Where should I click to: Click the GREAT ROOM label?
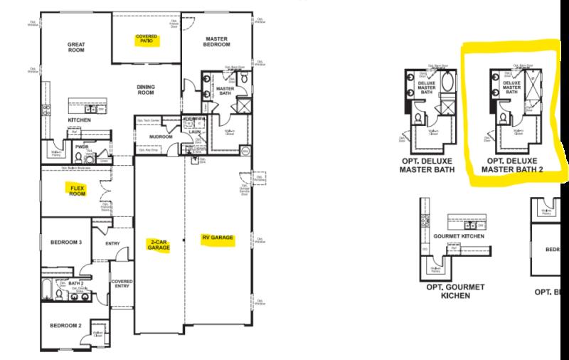(77, 47)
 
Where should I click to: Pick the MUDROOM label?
(161, 136)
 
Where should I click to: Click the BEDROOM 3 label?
(67, 243)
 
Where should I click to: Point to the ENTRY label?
(112, 243)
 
